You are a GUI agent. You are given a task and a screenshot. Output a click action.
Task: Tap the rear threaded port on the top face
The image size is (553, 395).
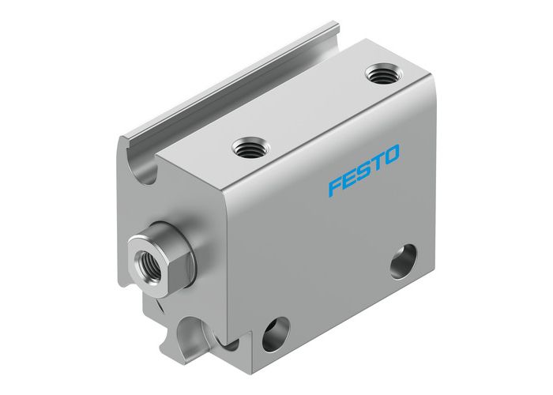coord(381,76)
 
